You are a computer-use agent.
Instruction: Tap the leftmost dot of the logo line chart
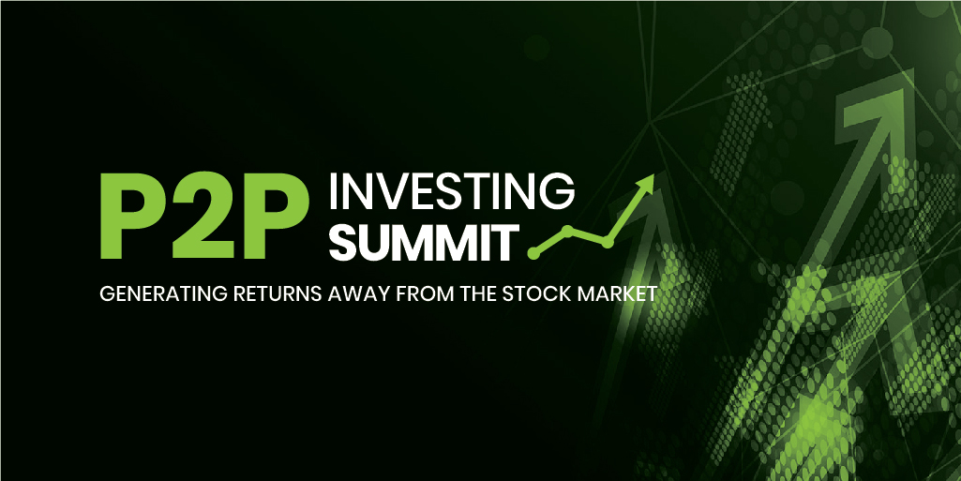(534, 252)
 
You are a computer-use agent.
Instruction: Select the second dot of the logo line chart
(567, 229)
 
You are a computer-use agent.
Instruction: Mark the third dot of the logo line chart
(608, 243)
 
